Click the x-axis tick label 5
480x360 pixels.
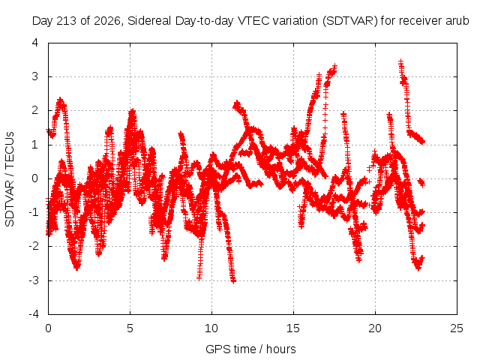130,328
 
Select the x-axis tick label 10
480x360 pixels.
211,328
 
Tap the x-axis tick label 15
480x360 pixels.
293,328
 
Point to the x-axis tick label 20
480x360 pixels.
375,328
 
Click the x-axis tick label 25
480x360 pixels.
457,328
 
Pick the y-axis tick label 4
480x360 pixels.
35,43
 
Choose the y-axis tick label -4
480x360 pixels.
33,314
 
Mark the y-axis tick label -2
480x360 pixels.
33,246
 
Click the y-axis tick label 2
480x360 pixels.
35,110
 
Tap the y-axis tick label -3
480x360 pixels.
33,280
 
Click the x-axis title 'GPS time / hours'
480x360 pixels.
250,349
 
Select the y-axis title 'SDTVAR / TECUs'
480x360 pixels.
10,179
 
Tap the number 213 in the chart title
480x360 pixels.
67,21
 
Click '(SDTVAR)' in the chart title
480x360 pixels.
350,21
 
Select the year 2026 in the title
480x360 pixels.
107,21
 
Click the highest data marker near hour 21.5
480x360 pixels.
400,62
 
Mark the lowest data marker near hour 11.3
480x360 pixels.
233,280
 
